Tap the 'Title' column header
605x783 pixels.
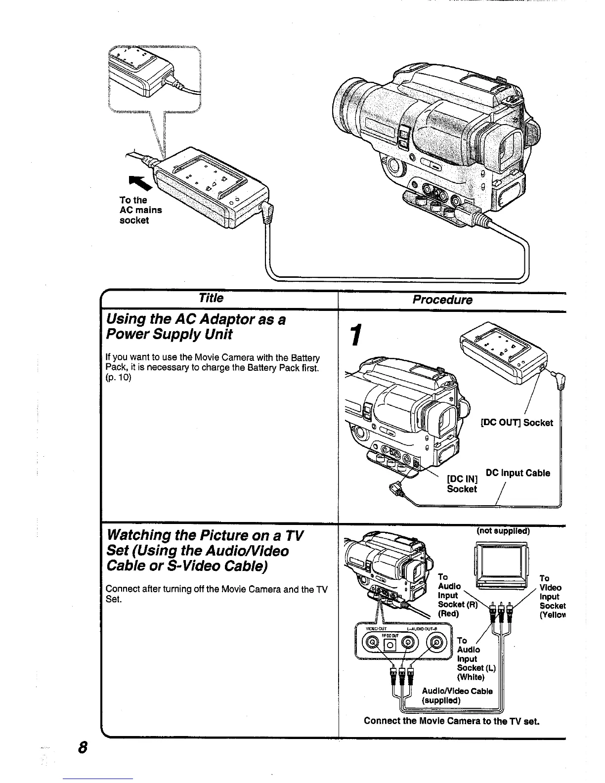click(x=211, y=298)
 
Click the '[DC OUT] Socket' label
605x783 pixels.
click(x=517, y=423)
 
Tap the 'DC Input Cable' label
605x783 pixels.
click(x=518, y=473)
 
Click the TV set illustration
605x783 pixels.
click(x=501, y=566)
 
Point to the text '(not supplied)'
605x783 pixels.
click(x=503, y=531)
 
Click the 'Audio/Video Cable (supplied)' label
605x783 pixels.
click(x=457, y=696)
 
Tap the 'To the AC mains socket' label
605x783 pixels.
click(x=140, y=210)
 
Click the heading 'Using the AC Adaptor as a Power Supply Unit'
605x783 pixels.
click(x=196, y=327)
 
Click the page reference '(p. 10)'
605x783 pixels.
click(x=119, y=378)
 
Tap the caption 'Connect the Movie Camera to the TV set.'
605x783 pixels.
click(x=451, y=721)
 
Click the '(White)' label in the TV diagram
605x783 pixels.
click(x=471, y=677)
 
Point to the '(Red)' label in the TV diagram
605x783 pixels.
click(x=449, y=614)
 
